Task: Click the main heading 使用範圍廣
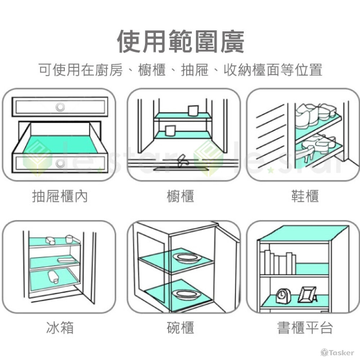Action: point(180,42)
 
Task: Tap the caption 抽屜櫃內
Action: point(60,196)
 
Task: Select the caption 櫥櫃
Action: point(180,196)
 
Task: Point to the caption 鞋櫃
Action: point(305,196)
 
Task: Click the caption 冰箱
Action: point(60,328)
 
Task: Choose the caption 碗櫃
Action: point(180,328)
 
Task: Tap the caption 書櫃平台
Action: point(305,328)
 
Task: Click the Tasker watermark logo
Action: point(337,352)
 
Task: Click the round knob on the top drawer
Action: point(60,107)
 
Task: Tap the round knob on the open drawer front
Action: point(60,163)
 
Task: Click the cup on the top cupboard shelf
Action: point(193,111)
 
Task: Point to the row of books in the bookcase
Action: point(278,262)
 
